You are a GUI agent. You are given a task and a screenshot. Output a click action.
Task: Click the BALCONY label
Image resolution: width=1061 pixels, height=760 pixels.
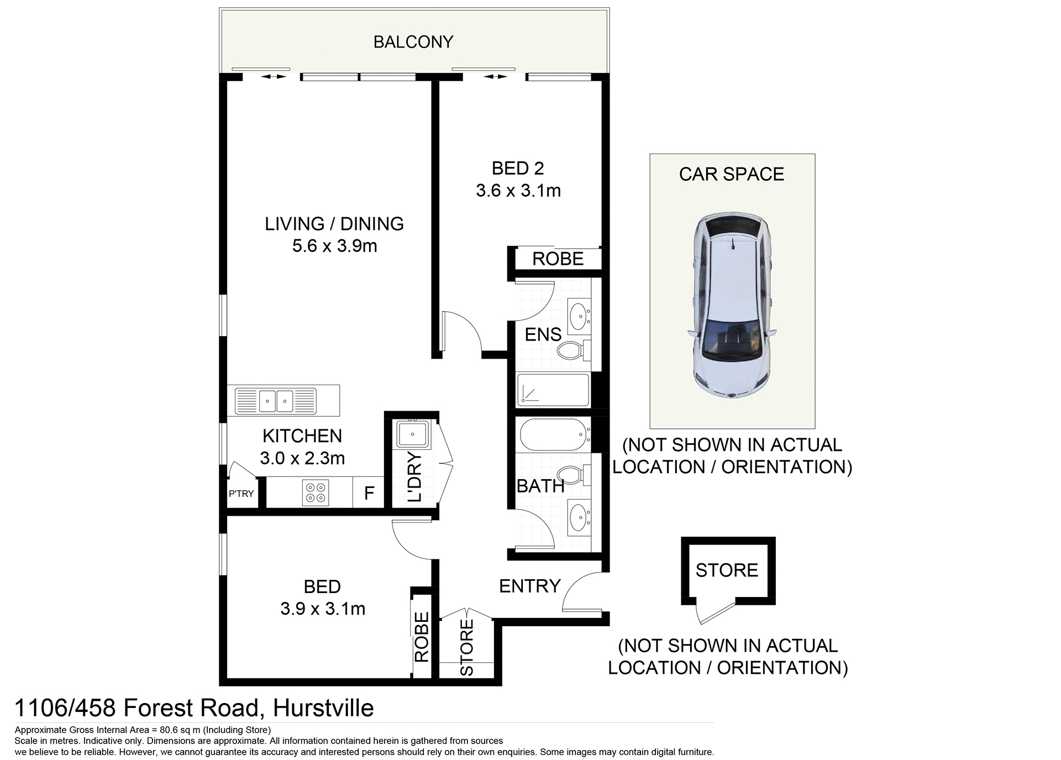click(413, 42)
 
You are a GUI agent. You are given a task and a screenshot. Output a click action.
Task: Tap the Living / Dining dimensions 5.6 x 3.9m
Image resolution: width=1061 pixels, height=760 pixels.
click(334, 246)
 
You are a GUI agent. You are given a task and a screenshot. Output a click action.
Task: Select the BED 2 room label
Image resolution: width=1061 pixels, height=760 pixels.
click(518, 168)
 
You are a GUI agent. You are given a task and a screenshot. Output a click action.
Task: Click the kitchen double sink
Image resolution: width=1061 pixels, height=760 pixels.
click(276, 401)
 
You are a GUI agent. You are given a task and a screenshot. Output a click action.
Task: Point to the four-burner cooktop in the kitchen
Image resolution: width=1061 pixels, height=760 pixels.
click(316, 492)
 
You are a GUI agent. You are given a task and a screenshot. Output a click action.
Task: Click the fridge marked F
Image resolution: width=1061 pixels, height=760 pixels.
click(369, 492)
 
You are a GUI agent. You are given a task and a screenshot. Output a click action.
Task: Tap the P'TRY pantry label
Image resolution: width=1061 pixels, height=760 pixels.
click(241, 494)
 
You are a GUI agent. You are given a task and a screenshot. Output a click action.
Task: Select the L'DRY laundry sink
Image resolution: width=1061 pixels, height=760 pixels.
click(412, 434)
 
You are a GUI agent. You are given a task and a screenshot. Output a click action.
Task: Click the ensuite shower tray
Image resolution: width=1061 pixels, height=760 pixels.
click(553, 390)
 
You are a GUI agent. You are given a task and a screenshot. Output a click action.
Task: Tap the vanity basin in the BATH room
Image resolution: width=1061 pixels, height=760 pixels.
click(579, 517)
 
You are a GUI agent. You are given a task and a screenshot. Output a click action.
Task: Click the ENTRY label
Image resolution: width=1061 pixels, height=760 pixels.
click(529, 586)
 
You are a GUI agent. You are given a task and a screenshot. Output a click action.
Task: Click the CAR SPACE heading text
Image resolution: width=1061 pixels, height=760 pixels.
click(731, 174)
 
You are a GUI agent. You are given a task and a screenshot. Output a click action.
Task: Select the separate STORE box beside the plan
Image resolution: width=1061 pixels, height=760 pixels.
click(727, 570)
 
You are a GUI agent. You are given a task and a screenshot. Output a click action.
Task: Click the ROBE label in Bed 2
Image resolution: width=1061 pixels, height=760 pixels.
click(558, 259)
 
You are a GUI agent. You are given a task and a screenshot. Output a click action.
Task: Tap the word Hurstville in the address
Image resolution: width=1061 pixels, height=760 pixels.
click(323, 708)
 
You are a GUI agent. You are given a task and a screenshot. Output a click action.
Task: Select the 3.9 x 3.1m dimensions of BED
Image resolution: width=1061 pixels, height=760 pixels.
click(323, 609)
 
